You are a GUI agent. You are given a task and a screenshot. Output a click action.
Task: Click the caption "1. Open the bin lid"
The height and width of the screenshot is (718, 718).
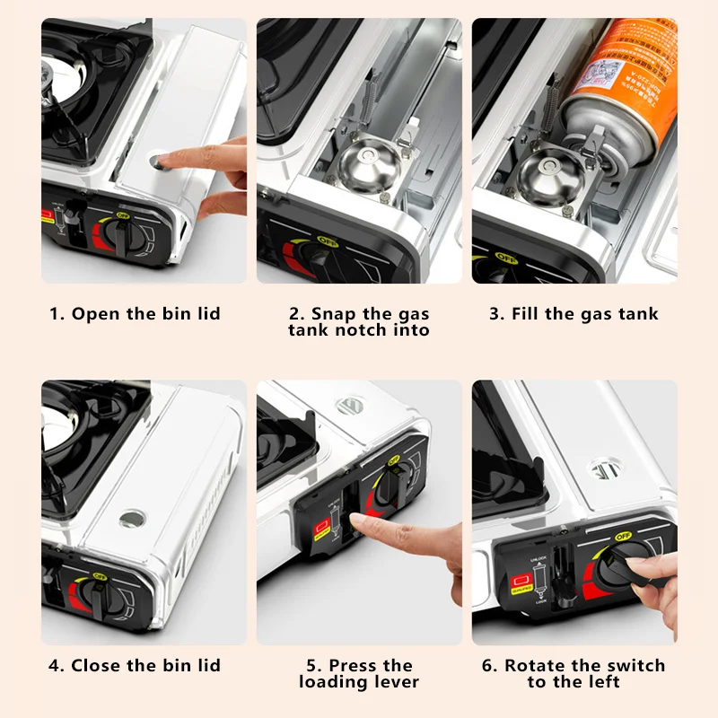pyautogui.click(x=135, y=314)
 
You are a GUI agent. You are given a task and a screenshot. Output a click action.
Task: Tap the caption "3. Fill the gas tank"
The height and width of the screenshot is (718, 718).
pyautogui.click(x=574, y=314)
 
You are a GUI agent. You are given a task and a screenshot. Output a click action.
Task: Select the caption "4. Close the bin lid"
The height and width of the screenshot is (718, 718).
pyautogui.click(x=135, y=665)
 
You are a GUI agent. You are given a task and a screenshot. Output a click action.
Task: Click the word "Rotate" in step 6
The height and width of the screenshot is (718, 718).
pyautogui.click(x=536, y=665)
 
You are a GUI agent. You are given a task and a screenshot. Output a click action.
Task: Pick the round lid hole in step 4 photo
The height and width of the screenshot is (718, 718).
pyautogui.click(x=133, y=519)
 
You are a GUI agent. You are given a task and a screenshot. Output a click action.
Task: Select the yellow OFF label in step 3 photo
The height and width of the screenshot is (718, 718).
pyautogui.click(x=505, y=257)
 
